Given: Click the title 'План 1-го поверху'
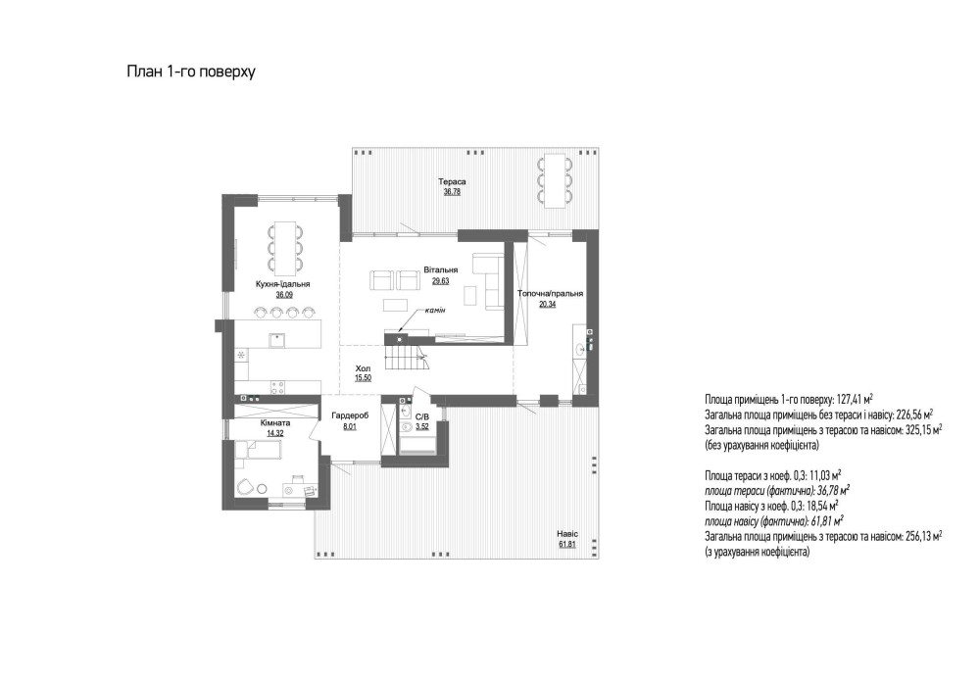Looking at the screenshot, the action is point(191,72).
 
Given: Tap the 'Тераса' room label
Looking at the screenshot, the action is point(452,182).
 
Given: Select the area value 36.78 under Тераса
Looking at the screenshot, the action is point(452,192).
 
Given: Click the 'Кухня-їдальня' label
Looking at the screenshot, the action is point(283,284).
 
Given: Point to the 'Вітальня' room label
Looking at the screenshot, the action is point(441,269).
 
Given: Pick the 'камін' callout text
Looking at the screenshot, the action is point(435,311).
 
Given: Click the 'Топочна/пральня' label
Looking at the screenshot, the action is point(550,294).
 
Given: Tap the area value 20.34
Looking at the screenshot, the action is point(548,305).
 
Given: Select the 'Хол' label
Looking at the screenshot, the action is point(364,368).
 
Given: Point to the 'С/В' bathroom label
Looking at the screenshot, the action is point(422,416).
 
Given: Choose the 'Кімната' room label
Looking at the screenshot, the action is point(275,423).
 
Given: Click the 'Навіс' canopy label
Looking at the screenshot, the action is point(567,534).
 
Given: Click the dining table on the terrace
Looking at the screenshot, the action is point(554,180).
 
